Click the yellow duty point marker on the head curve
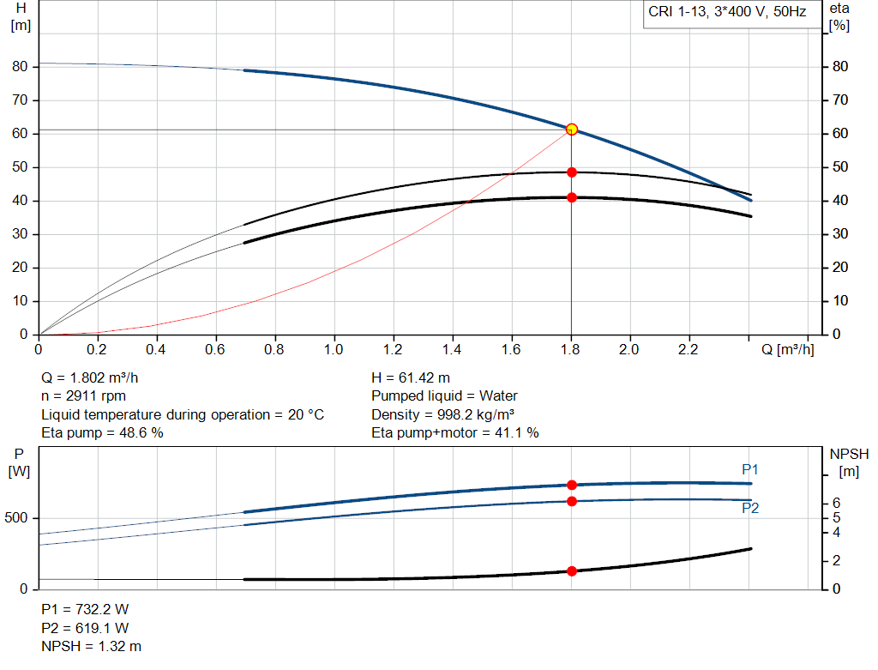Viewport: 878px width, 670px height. point(572,130)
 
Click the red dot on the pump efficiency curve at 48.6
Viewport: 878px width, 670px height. point(572,172)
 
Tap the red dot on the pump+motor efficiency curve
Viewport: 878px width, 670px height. point(572,198)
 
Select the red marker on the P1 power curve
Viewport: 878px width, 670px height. point(572,485)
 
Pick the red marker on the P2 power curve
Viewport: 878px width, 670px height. point(572,501)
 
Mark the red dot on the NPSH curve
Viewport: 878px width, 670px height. point(572,570)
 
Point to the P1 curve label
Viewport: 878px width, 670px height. point(750,469)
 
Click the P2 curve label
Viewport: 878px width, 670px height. point(750,508)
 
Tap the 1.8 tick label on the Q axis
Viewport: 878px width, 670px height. point(571,350)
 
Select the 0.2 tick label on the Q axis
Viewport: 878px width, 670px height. point(98,350)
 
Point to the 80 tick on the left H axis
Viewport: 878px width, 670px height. point(21,67)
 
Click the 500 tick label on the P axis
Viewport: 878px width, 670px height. point(18,518)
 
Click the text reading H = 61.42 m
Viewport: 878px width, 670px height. point(411,377)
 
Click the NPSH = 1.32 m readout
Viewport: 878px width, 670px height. point(91,646)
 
